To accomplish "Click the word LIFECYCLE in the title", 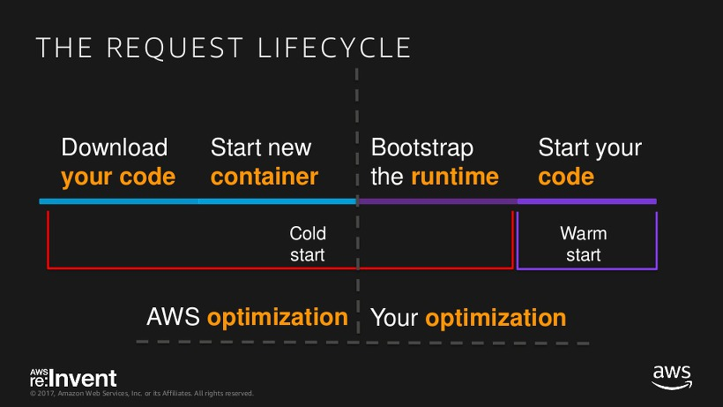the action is [334, 48].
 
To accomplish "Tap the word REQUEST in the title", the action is [175, 48].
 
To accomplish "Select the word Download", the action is [115, 147].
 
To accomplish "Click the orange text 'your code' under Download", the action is [118, 177].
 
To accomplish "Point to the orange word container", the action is [265, 177].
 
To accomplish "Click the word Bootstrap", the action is [422, 148].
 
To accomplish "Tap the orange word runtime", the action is [455, 177].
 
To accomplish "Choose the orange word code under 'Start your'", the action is [566, 177].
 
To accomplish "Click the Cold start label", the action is [308, 244].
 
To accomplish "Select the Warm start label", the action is [584, 244].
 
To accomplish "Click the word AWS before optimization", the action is [173, 317].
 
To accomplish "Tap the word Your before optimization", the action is [394, 318].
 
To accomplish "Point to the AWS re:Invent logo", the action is [73, 378].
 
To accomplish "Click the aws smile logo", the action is [672, 377].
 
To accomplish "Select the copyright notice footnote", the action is [142, 393].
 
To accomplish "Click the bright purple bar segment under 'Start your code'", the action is [586, 201].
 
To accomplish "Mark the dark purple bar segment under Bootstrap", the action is [437, 201].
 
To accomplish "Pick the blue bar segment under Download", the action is [119, 201].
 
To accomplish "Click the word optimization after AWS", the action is [278, 318].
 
